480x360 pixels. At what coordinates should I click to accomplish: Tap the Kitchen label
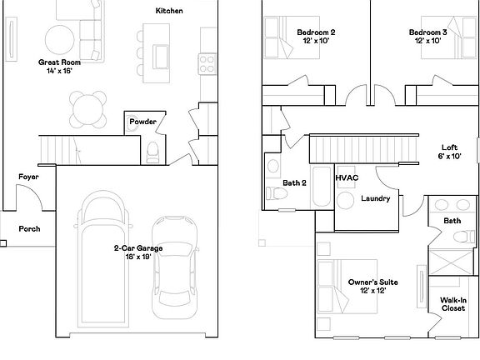(169, 11)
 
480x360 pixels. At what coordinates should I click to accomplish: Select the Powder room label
(142, 122)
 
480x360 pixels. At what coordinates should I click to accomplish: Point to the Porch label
(30, 228)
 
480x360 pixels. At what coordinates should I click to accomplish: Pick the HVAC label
(347, 178)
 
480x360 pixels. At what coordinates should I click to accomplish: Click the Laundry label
(376, 198)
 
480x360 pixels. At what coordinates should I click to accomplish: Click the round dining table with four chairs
(87, 107)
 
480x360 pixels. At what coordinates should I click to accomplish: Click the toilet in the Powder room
(152, 151)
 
